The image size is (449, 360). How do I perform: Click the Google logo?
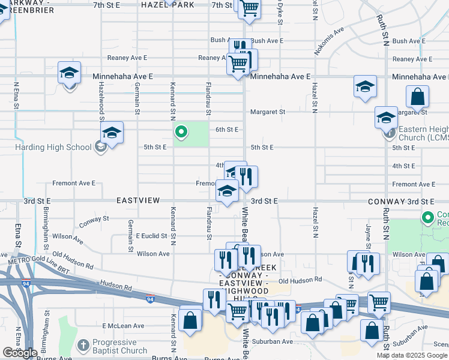(x=19, y=353)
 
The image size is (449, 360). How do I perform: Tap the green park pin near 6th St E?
(x=181, y=131)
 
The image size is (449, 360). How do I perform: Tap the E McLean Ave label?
(x=123, y=326)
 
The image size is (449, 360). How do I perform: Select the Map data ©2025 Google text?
(x=411, y=355)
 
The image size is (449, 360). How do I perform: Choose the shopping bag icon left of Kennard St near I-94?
(x=190, y=320)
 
